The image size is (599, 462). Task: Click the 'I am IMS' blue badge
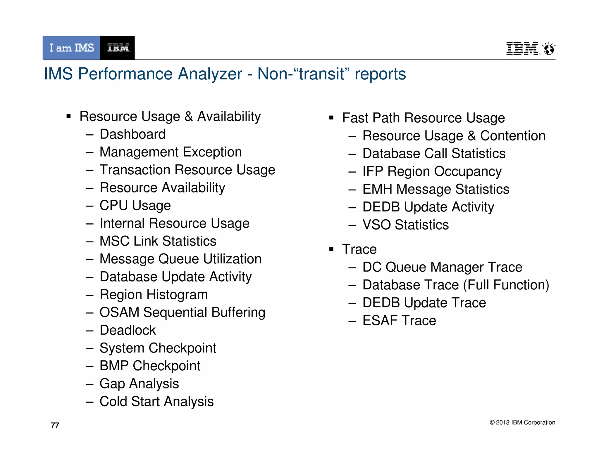(x=71, y=48)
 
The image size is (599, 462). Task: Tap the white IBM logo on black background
(x=118, y=48)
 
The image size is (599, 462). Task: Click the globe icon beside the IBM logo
(x=549, y=49)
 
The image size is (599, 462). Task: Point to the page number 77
(x=55, y=425)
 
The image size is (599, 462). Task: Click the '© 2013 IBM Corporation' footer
(x=522, y=422)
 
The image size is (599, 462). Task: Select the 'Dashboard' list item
(x=132, y=134)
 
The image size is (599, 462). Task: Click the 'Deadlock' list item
(x=128, y=330)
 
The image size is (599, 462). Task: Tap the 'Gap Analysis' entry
(x=139, y=384)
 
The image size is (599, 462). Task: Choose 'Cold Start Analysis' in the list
(x=156, y=402)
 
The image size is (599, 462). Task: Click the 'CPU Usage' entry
(x=135, y=206)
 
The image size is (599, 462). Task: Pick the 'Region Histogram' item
(x=154, y=295)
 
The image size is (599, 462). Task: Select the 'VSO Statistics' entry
(x=405, y=225)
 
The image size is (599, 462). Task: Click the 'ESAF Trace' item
(x=399, y=321)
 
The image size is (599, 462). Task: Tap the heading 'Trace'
(x=359, y=249)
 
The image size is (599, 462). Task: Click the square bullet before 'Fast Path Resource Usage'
(x=331, y=118)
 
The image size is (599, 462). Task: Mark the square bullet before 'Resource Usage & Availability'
(x=69, y=117)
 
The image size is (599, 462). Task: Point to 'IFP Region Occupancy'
(x=432, y=171)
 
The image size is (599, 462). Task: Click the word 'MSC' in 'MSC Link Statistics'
(x=114, y=241)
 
